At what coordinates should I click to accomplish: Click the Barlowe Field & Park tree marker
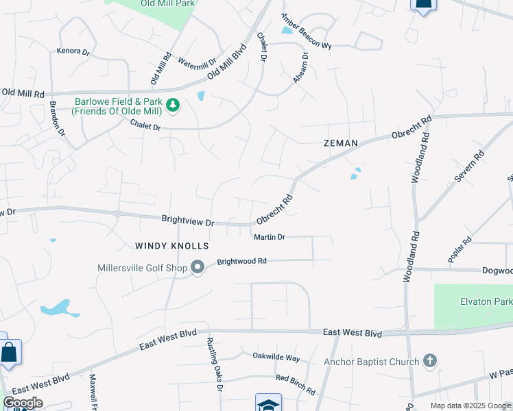coord(174,105)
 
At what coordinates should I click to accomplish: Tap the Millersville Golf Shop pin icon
coord(198,267)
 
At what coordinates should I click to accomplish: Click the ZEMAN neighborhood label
coord(341,143)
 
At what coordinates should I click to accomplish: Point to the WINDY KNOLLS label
coord(171,245)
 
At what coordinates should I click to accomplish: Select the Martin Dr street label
coord(269,237)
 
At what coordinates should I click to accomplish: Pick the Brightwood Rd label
coord(241,261)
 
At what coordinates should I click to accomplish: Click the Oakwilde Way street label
coord(276,357)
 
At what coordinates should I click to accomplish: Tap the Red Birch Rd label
coord(295,385)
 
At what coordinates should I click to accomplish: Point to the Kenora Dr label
coord(73,51)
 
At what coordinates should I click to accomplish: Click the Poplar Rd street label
coord(460,249)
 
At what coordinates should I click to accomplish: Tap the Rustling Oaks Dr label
coord(212,367)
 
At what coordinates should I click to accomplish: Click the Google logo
coord(23,403)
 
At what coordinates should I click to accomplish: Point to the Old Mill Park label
coord(167,3)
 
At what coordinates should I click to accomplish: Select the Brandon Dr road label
coord(57,117)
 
